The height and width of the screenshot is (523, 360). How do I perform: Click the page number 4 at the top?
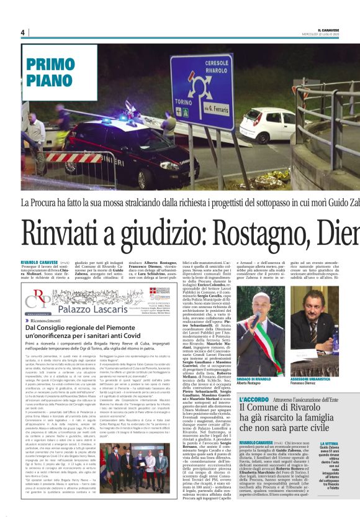pos(22,32)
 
